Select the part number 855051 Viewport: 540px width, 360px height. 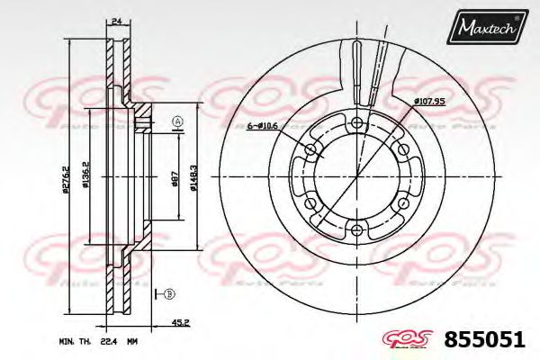click(x=484, y=339)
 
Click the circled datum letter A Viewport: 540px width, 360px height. click(x=176, y=121)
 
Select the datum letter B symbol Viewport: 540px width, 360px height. click(x=168, y=292)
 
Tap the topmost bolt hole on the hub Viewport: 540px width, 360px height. click(x=357, y=122)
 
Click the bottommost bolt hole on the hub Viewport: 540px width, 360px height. click(x=357, y=230)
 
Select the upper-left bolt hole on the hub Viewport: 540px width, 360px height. click(x=311, y=149)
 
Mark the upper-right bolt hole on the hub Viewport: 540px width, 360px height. click(x=404, y=149)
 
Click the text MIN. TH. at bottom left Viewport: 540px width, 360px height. click(x=78, y=342)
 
